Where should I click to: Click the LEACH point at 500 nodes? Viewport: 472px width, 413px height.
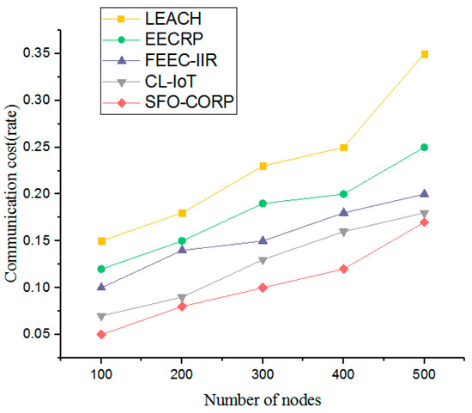pyautogui.click(x=424, y=54)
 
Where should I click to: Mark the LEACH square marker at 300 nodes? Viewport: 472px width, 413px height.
pyautogui.click(x=263, y=166)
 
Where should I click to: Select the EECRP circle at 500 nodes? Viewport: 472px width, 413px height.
pyautogui.click(x=424, y=148)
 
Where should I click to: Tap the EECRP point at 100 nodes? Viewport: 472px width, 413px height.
pyautogui.click(x=101, y=269)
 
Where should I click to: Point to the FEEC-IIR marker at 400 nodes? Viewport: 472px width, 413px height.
pyautogui.click(x=343, y=212)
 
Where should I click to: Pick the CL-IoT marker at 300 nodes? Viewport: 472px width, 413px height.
pyautogui.click(x=263, y=259)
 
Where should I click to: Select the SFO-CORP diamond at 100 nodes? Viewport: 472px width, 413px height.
pyautogui.click(x=101, y=334)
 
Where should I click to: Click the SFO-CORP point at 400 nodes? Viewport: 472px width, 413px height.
pyautogui.click(x=343, y=269)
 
